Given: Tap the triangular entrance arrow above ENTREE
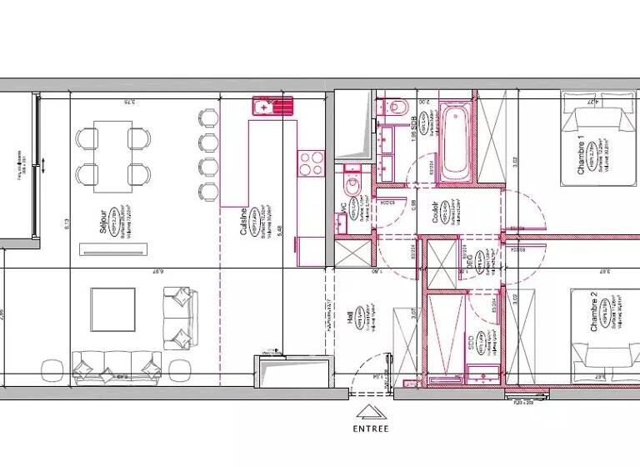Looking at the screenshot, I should click(x=367, y=411).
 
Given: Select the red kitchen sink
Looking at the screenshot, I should click(x=273, y=107).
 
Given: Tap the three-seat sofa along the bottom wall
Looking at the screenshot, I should click(x=117, y=364).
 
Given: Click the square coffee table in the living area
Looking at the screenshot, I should click(x=112, y=309).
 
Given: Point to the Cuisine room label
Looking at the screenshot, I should click(x=243, y=223).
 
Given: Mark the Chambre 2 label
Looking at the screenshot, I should click(x=593, y=314).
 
